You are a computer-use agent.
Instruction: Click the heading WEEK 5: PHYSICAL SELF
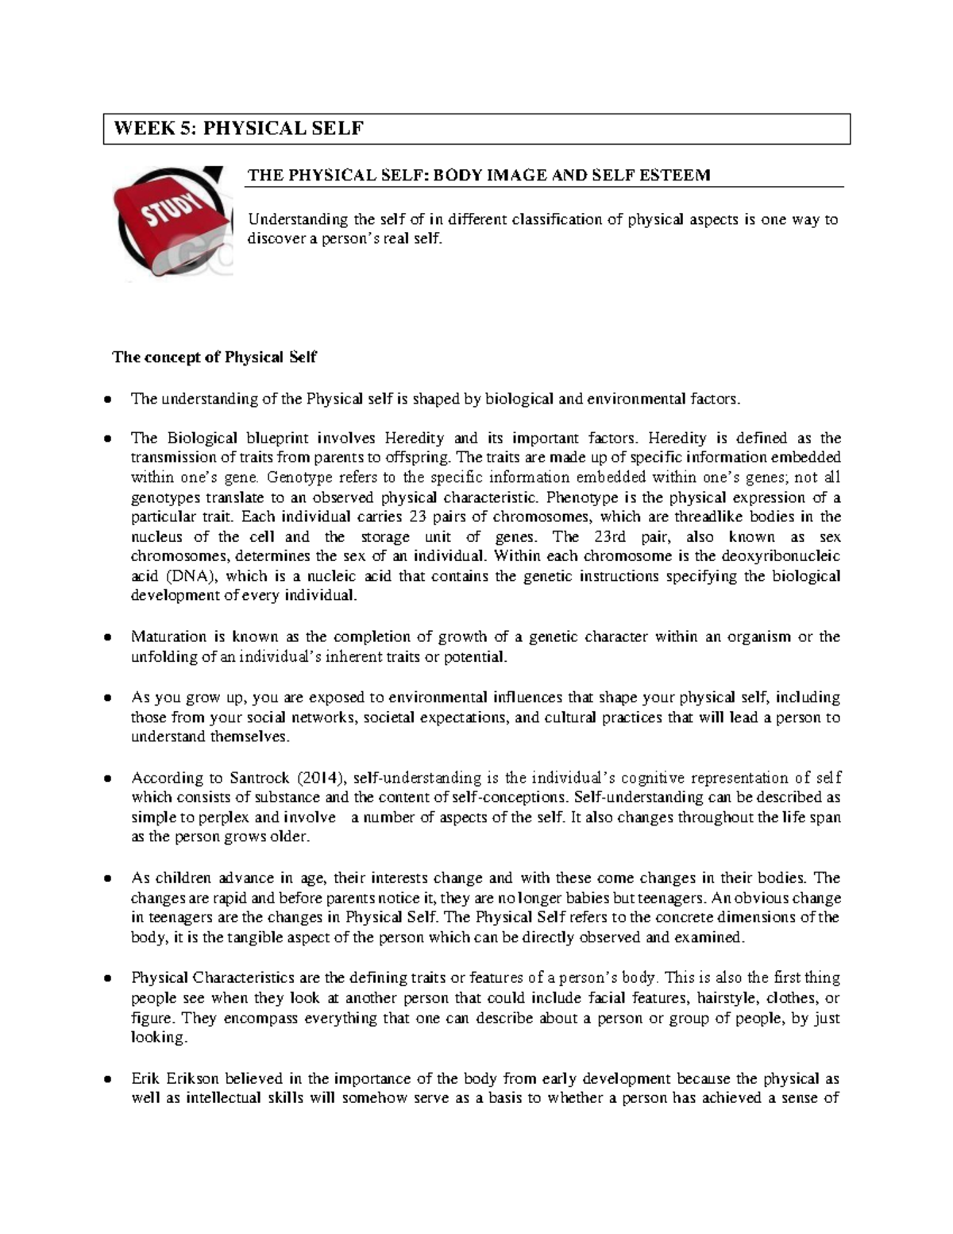tap(239, 129)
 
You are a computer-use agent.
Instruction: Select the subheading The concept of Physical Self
tap(214, 357)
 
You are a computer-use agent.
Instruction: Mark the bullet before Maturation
tap(107, 637)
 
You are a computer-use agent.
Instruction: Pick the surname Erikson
tap(193, 1078)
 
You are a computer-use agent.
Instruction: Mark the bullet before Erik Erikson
tap(107, 1079)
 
